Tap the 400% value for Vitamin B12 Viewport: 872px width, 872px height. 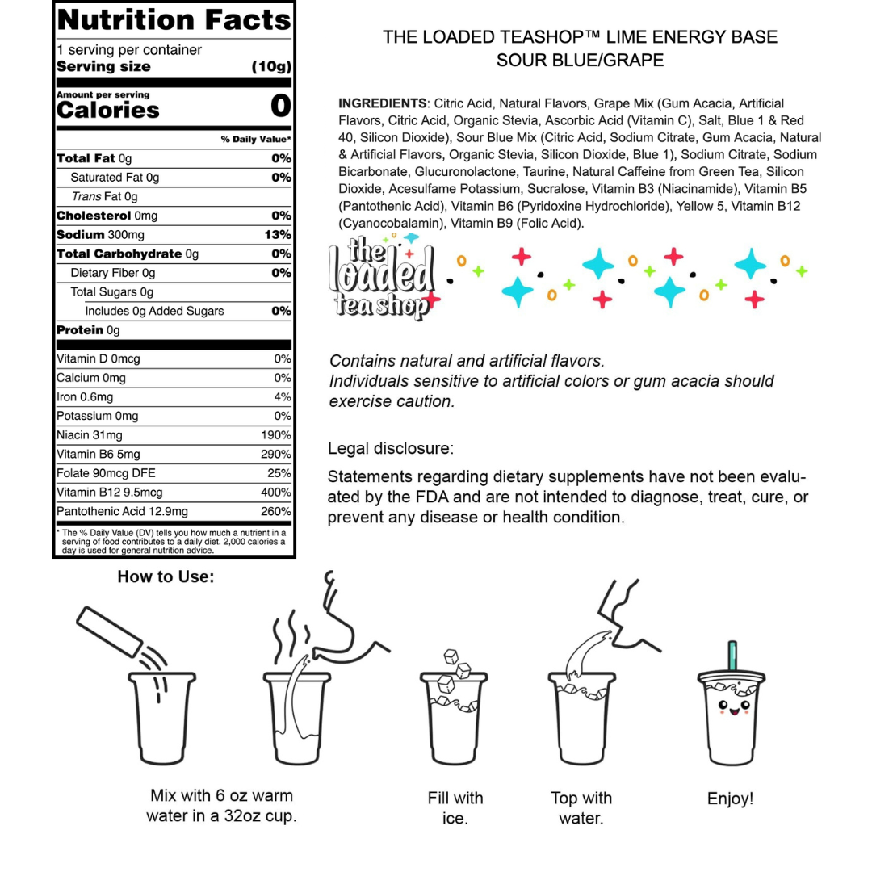(x=275, y=493)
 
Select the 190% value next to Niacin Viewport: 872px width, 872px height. (x=275, y=435)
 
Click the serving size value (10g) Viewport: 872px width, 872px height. (x=271, y=67)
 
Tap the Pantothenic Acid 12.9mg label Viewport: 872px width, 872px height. (x=122, y=512)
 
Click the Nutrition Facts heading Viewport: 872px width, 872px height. (x=174, y=19)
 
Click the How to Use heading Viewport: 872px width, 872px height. (x=166, y=576)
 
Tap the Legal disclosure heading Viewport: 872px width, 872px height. (x=391, y=448)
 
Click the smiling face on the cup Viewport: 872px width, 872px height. (x=731, y=708)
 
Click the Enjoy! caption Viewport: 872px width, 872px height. (x=730, y=799)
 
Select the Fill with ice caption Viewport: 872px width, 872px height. (x=455, y=808)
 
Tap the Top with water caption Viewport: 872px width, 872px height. (x=581, y=808)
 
